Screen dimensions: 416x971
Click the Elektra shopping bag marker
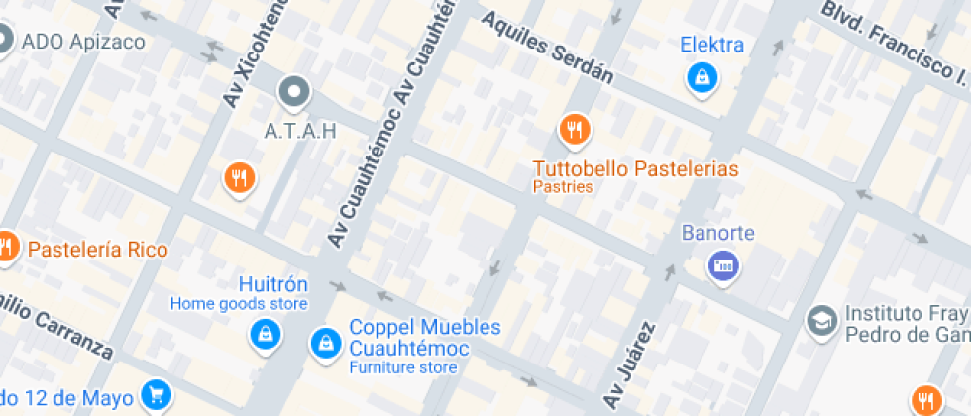(x=701, y=76)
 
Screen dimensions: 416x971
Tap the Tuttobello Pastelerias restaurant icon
(x=574, y=128)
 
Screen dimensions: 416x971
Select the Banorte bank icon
(x=722, y=264)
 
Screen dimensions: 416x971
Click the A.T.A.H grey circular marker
(x=294, y=93)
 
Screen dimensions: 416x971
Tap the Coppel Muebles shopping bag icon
(x=324, y=344)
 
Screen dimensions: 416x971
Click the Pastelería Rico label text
(x=98, y=249)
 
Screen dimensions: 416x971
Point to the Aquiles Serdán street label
(x=548, y=50)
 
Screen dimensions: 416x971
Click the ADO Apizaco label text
(x=83, y=42)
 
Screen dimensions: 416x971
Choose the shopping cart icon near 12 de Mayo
(x=155, y=394)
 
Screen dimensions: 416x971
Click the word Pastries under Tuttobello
(x=563, y=186)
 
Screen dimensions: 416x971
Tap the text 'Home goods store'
(x=239, y=304)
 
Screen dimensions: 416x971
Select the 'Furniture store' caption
(x=402, y=367)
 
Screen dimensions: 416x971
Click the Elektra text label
(x=711, y=45)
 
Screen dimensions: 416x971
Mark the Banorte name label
(x=718, y=234)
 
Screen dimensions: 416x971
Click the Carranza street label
(x=59, y=328)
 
